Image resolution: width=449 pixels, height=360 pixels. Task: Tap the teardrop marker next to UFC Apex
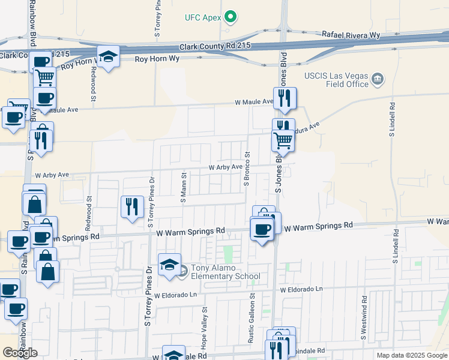[229, 17]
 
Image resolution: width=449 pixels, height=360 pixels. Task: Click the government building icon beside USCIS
[378, 78]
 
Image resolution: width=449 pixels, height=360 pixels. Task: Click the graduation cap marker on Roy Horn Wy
[108, 58]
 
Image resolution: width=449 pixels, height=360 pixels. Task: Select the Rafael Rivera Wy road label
[351, 35]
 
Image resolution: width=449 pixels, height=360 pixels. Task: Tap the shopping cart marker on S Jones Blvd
[283, 141]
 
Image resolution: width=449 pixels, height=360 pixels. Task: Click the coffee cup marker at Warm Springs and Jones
[262, 230]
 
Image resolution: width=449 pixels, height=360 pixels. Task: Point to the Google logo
[20, 353]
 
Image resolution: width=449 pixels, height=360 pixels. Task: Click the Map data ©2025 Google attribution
[412, 355]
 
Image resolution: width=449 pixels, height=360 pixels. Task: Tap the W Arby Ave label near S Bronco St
[225, 167]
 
